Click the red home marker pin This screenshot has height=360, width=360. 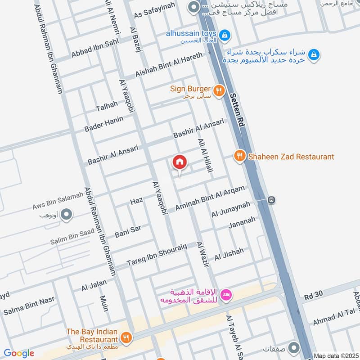tap(179, 162)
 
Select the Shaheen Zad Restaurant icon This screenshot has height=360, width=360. tap(239, 157)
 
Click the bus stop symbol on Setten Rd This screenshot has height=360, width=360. tap(271, 200)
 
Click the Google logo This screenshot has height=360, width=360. tap(18, 353)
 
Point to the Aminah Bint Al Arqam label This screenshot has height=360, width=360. tap(210, 198)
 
